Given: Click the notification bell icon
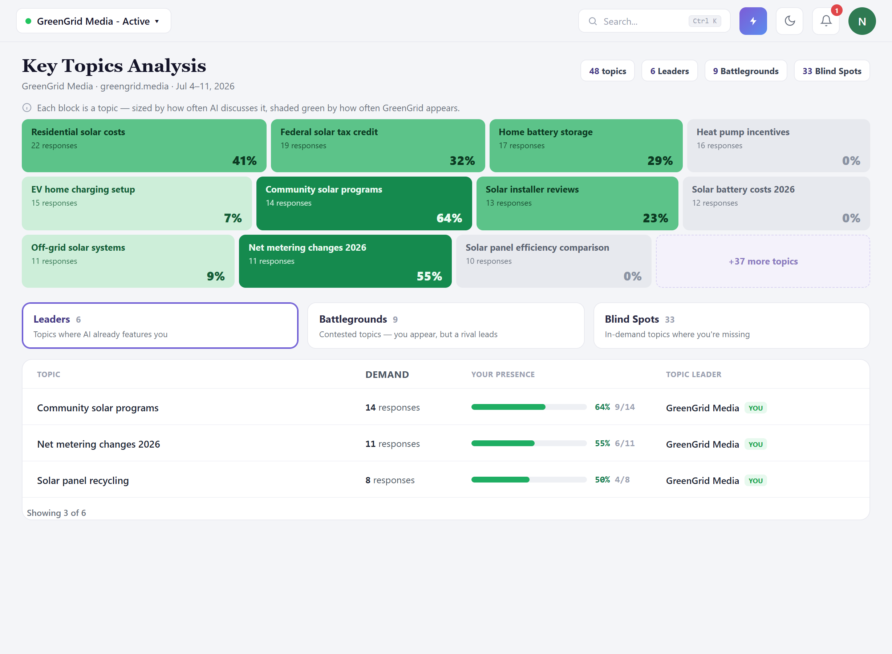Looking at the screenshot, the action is pyautogui.click(x=826, y=21).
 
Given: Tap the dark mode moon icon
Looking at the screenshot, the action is pyautogui.click(x=790, y=21).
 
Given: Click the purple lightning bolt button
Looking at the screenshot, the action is pyautogui.click(x=753, y=21).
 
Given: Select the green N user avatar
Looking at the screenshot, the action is pyautogui.click(x=862, y=21).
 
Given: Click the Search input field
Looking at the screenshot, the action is pyautogui.click(x=654, y=21).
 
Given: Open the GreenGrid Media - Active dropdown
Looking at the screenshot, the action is pyautogui.click(x=94, y=21).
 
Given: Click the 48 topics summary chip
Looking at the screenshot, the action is pyautogui.click(x=608, y=71).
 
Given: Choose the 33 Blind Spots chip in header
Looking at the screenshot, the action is pyautogui.click(x=832, y=71).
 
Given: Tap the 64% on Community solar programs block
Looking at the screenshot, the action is pyautogui.click(x=449, y=218).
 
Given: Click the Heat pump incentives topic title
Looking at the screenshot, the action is pyautogui.click(x=743, y=132).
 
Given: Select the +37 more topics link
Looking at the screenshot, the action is pyautogui.click(x=763, y=261).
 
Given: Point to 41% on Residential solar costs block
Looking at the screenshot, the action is pyautogui.click(x=244, y=161).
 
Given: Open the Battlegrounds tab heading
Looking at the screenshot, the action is pyautogui.click(x=353, y=319).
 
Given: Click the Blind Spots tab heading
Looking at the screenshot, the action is pyautogui.click(x=632, y=319).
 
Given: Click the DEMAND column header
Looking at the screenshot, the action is pyautogui.click(x=387, y=375).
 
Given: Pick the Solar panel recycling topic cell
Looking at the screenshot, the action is pyautogui.click(x=83, y=480).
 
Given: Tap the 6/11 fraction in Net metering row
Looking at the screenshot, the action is pyautogui.click(x=624, y=443).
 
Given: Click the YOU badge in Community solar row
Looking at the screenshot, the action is pyautogui.click(x=755, y=408).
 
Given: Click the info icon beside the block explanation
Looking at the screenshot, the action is pyautogui.click(x=27, y=108).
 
